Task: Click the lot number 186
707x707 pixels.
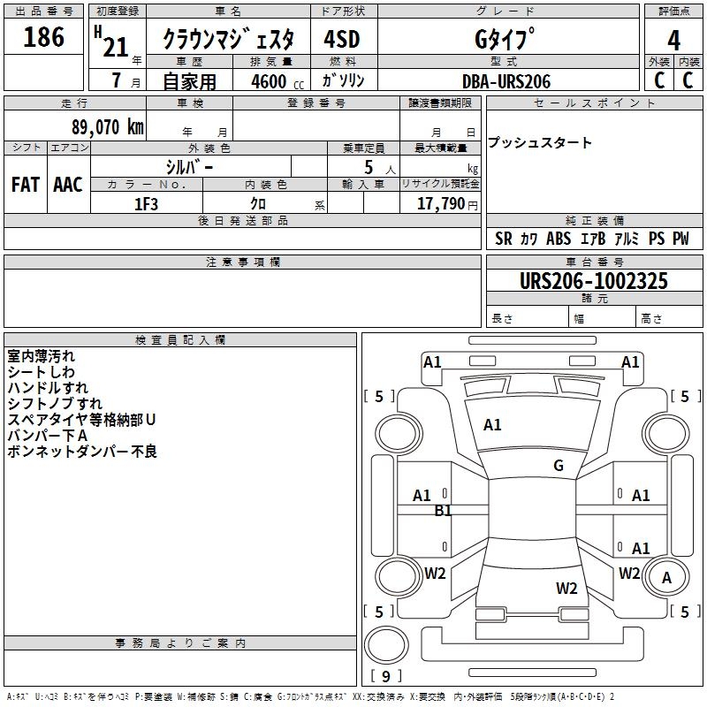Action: coord(44,38)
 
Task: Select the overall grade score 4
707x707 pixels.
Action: coord(674,41)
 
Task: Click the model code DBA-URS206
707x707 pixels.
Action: coord(506,81)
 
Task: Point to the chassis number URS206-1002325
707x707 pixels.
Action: coord(593,282)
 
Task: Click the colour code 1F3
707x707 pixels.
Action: coord(146,204)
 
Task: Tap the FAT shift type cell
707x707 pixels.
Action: coord(25,185)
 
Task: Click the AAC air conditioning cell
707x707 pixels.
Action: coord(68,185)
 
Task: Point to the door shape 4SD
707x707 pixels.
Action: coord(343,41)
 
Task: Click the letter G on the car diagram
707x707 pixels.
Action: coord(558,466)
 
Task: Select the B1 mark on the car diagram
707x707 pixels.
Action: coord(443,511)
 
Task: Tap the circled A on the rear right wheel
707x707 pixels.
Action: coord(667,577)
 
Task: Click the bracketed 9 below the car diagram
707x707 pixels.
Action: coord(385,677)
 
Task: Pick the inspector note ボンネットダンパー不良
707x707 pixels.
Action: coord(81,452)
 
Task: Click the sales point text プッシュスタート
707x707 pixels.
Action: coord(540,143)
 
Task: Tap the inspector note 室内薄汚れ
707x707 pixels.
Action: coord(42,356)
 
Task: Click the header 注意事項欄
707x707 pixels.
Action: coord(242,262)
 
